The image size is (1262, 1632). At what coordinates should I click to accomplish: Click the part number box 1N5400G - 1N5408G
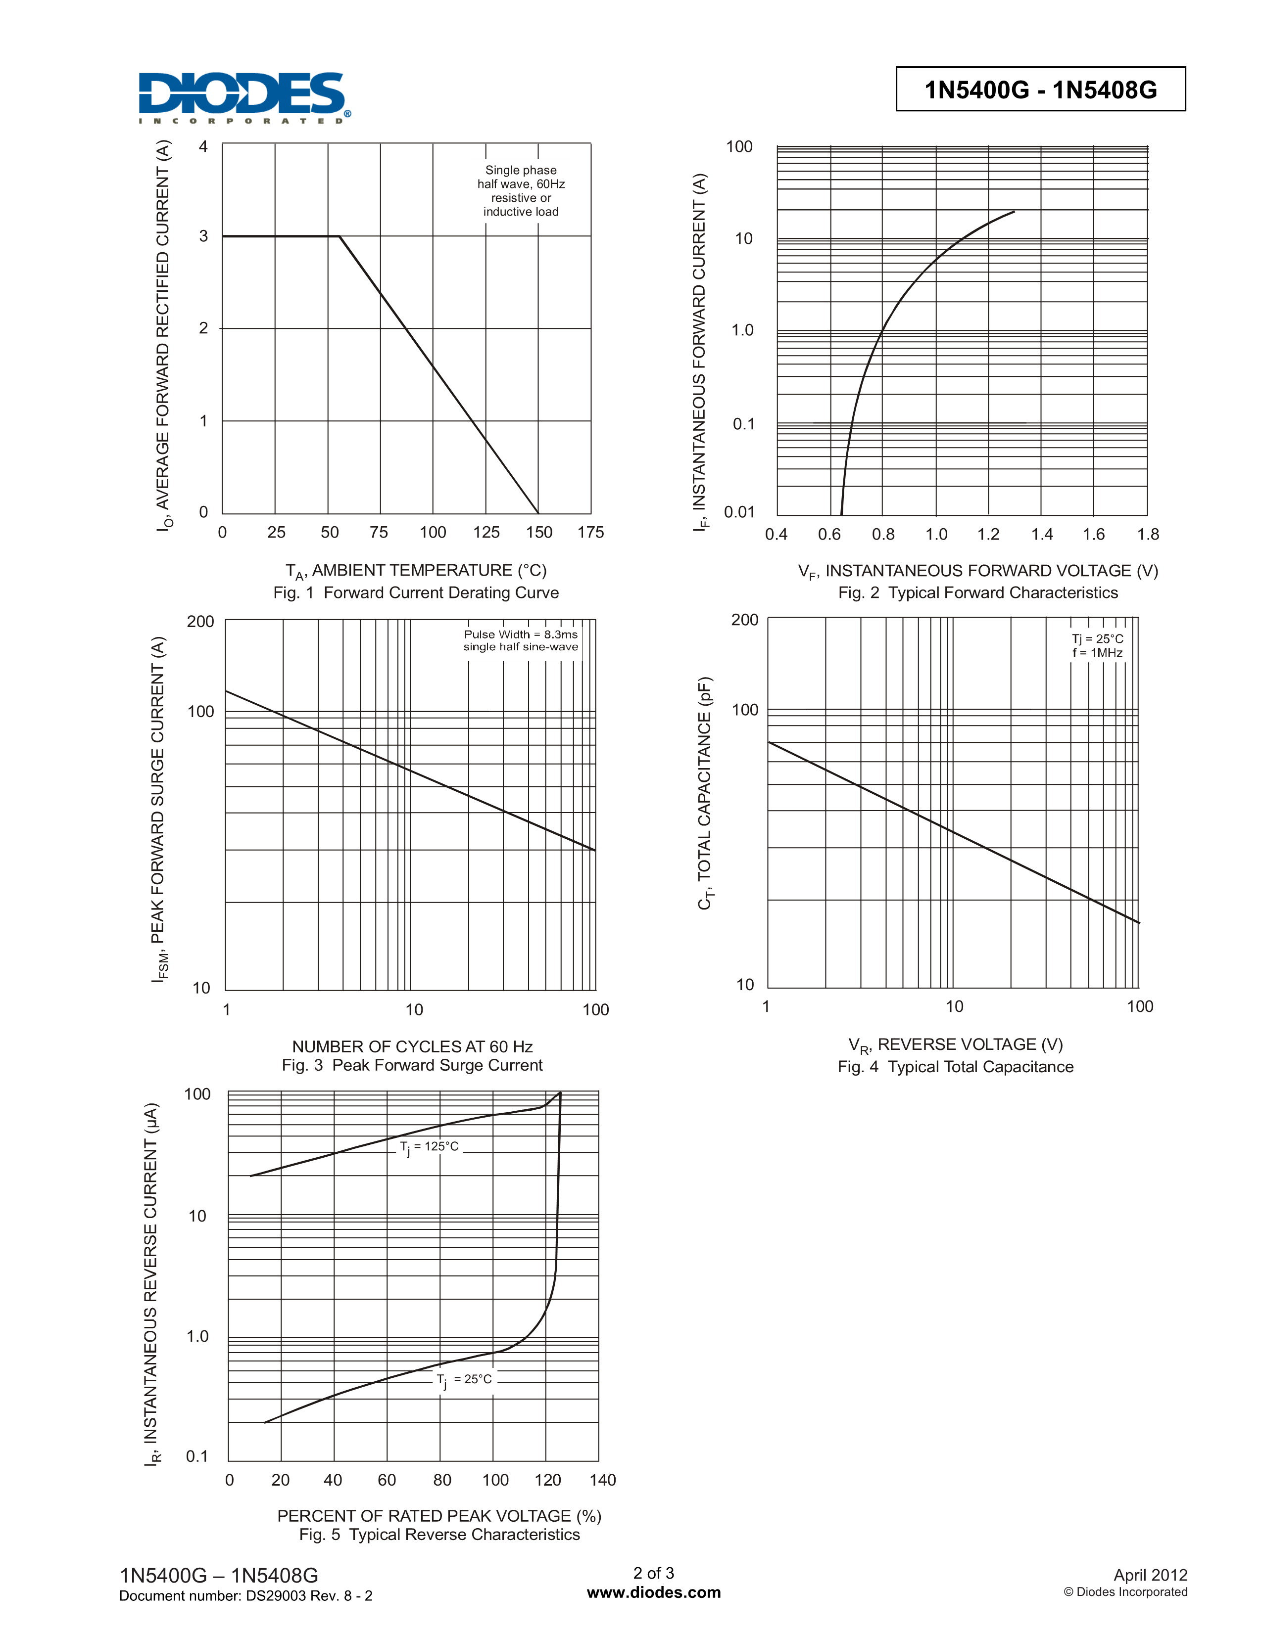pos(1040,90)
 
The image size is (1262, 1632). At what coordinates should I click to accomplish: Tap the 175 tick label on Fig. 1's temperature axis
pos(590,533)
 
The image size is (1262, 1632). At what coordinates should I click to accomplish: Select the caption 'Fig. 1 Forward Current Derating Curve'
pos(416,592)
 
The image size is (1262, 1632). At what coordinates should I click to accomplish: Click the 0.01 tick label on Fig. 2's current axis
pos(739,512)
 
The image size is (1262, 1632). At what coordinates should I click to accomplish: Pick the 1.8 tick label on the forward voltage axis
pos(1148,534)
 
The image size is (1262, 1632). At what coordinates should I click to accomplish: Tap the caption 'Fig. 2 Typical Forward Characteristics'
pos(978,592)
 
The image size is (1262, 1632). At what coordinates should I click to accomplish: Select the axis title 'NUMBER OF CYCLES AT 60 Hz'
pos(412,1046)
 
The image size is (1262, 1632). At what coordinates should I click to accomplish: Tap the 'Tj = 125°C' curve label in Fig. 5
pos(429,1147)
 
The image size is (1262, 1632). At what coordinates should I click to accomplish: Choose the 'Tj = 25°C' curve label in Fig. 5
pos(465,1379)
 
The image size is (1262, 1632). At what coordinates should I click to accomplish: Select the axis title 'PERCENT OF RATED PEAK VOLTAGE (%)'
pos(439,1515)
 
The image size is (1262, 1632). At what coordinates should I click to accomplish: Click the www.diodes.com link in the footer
pos(653,1592)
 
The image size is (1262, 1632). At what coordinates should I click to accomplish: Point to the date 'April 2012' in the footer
pos(1150,1575)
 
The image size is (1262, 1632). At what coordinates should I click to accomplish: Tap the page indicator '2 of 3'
pos(653,1573)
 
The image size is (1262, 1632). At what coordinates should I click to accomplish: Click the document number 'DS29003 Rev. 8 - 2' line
pos(246,1596)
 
